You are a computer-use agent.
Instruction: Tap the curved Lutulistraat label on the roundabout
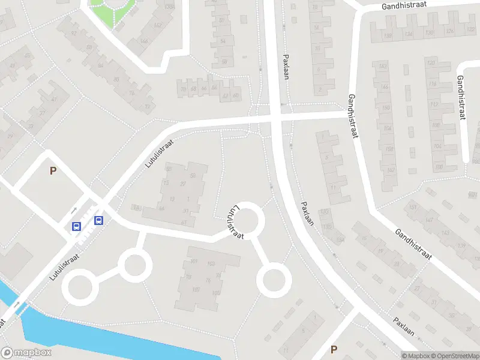pos(235,223)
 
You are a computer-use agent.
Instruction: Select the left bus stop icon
pos(77,226)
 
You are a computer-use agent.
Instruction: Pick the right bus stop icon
pos(99,220)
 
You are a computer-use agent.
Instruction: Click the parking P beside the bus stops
pos(53,171)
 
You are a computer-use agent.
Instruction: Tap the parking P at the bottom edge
pos(334,349)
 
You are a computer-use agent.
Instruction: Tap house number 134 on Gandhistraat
pos(409,34)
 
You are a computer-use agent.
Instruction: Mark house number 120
pos(430,63)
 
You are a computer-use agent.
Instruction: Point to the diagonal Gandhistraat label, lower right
pos(414,244)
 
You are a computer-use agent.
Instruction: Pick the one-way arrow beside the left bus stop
pos(74,211)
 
